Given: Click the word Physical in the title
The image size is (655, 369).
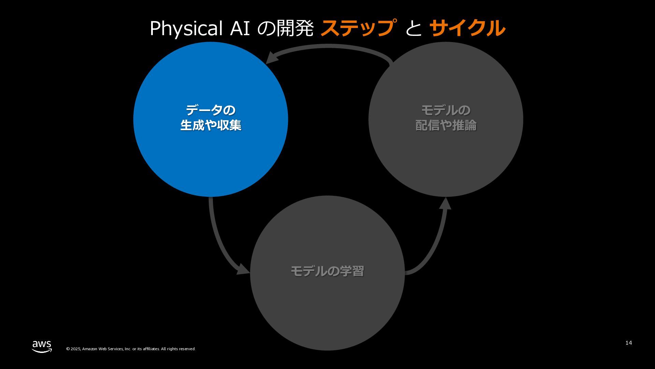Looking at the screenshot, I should click(x=186, y=29).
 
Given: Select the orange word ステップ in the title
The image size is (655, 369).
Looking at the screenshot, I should click(x=359, y=28).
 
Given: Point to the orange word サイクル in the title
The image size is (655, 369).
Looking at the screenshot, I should click(x=467, y=28).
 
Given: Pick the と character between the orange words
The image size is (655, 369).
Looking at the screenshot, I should click(x=413, y=29).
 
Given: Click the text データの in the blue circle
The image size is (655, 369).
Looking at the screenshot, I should click(x=210, y=110).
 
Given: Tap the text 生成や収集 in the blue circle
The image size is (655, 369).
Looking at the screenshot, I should click(x=210, y=125).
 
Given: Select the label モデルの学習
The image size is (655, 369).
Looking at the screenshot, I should click(x=327, y=271).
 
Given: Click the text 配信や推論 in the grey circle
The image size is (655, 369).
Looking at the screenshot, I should click(x=446, y=125).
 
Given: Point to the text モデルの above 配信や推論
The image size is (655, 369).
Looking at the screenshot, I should click(x=446, y=110).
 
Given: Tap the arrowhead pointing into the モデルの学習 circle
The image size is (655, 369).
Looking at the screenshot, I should click(x=244, y=270).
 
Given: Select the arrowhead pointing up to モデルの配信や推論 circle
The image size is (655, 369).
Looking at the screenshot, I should click(x=445, y=204).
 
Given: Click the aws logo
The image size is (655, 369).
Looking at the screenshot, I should click(x=42, y=346).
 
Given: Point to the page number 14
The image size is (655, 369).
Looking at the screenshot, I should click(x=628, y=343).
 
